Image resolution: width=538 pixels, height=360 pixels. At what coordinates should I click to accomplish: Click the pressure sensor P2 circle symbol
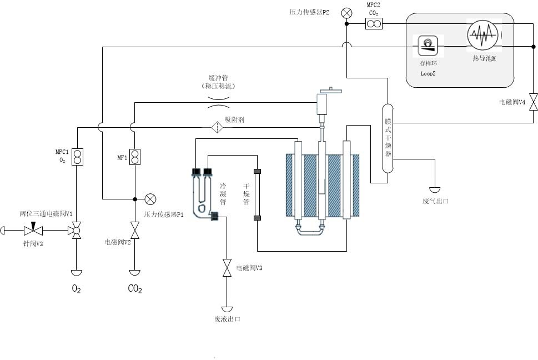346,12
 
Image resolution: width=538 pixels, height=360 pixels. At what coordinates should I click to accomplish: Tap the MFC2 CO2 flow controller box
373,23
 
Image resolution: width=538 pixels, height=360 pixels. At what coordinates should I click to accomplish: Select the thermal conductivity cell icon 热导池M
481,37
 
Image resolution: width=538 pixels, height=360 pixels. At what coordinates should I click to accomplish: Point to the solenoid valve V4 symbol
533,102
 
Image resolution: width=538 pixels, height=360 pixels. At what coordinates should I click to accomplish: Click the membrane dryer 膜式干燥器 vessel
388,137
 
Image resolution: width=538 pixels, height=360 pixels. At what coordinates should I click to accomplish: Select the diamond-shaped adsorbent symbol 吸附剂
217,127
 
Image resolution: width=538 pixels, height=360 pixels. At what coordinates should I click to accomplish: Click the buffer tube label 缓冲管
219,78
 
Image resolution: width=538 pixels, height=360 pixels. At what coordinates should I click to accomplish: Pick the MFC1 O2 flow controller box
78,157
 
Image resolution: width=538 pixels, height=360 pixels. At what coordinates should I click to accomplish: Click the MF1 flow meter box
134,157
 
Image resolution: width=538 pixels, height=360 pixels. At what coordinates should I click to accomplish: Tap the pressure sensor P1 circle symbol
150,199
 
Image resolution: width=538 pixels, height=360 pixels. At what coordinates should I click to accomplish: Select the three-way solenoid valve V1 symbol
76,230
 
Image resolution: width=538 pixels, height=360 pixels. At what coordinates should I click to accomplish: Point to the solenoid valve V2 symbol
134,230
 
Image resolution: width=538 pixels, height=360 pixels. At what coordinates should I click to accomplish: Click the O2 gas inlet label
76,289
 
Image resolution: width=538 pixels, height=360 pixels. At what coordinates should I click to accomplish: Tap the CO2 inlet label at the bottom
134,289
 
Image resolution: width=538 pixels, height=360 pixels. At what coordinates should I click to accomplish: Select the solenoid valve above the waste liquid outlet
227,268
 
